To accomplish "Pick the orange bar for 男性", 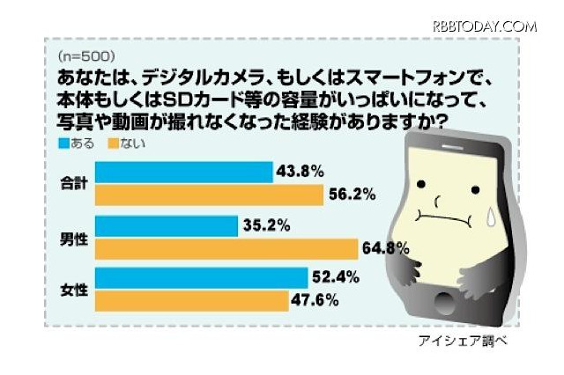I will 225,249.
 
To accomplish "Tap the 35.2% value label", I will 266,224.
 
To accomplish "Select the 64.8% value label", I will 385,249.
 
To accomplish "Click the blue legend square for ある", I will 63,142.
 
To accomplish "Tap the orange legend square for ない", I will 113,142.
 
